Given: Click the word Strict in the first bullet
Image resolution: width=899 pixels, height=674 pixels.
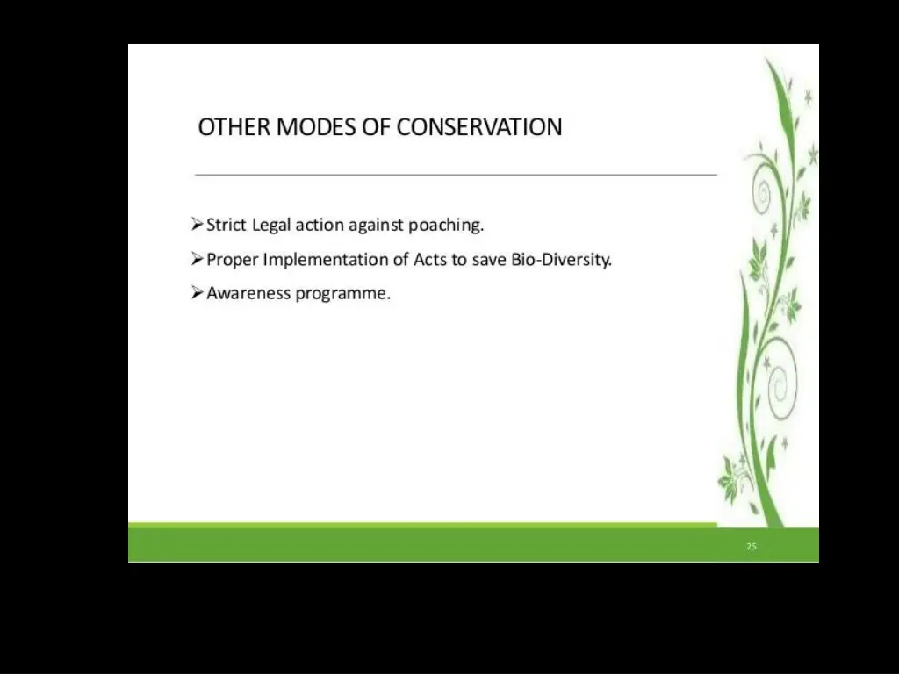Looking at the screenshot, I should point(227,226).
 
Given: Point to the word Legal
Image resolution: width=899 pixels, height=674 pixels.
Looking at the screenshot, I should point(272,226).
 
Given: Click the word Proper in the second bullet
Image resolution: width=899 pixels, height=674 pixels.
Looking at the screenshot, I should point(232,260).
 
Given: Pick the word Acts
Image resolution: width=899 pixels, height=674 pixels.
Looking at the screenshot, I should point(430,260).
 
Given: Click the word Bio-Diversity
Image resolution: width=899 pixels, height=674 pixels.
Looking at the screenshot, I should point(561,260).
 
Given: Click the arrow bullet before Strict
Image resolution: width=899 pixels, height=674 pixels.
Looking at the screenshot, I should point(198,226).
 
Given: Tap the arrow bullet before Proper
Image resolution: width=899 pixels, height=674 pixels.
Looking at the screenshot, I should point(198,260).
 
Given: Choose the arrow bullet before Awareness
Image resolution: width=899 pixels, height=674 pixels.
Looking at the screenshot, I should point(198,293).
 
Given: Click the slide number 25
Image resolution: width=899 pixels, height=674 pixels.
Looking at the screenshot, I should point(752,547).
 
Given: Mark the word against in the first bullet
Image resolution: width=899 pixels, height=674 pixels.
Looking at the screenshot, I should point(377,226).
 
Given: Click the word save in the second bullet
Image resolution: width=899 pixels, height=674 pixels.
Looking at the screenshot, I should point(490,260).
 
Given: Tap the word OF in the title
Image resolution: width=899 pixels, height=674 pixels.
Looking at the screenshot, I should point(377,127).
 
